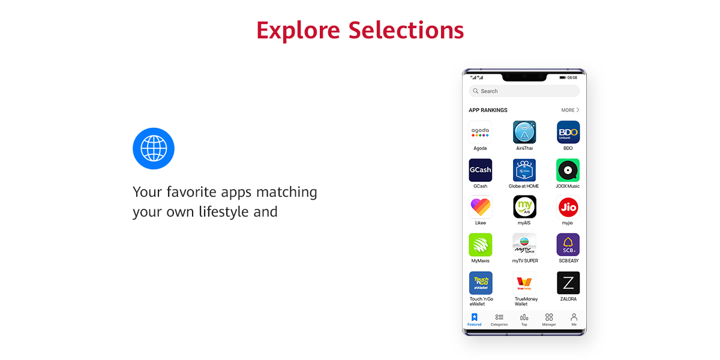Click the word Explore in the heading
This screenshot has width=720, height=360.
coord(298,31)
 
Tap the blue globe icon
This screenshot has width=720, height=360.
coord(154,149)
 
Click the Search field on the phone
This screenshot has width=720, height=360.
coord(524,91)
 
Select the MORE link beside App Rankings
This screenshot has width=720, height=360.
coord(570,110)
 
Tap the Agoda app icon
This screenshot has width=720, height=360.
coord(480,132)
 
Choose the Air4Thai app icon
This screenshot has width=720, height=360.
coord(524,132)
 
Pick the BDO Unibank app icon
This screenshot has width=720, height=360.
coord(568,132)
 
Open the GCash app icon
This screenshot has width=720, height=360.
coord(480,170)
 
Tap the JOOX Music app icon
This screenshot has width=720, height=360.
coord(568,170)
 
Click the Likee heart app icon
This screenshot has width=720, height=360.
coord(480,207)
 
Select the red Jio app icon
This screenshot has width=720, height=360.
coord(568,207)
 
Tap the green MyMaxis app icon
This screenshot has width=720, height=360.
coord(480,245)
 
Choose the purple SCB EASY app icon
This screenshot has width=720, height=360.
coord(568,245)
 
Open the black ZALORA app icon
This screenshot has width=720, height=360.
coord(568,283)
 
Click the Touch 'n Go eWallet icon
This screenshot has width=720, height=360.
coord(480,283)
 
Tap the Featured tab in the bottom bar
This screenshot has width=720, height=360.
coord(475,319)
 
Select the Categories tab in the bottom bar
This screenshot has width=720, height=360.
coord(499,319)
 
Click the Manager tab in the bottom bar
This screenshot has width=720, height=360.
coord(549,319)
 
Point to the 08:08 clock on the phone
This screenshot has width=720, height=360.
coord(572,77)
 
